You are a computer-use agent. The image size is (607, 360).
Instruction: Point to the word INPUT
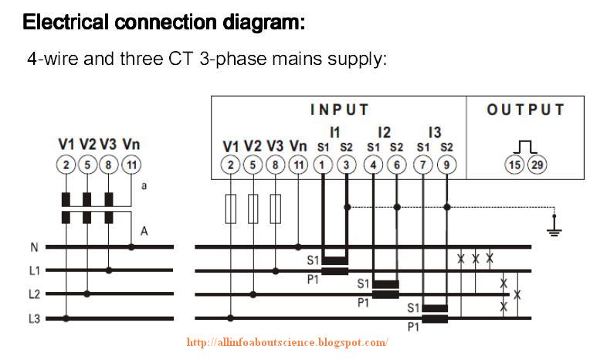pyautogui.click(x=339, y=110)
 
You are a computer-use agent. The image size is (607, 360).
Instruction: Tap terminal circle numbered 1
pyautogui.click(x=323, y=164)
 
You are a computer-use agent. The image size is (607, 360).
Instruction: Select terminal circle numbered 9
pyautogui.click(x=446, y=164)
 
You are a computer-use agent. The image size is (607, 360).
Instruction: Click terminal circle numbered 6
pyautogui.click(x=396, y=164)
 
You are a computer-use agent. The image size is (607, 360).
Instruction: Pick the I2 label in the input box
pyautogui.click(x=385, y=132)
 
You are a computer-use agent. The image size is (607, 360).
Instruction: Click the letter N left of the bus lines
pyautogui.click(x=34, y=247)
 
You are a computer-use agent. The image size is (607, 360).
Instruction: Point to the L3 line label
pyautogui.click(x=35, y=318)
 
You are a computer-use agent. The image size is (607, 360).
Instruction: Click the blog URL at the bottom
pyautogui.click(x=287, y=342)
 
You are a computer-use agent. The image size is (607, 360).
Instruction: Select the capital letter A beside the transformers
pyautogui.click(x=143, y=230)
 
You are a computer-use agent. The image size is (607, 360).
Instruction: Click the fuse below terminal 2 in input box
pyautogui.click(x=231, y=209)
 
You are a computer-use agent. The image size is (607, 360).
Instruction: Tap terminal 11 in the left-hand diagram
pyautogui.click(x=131, y=164)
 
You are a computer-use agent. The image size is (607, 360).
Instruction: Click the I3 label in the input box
pyautogui.click(x=434, y=132)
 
